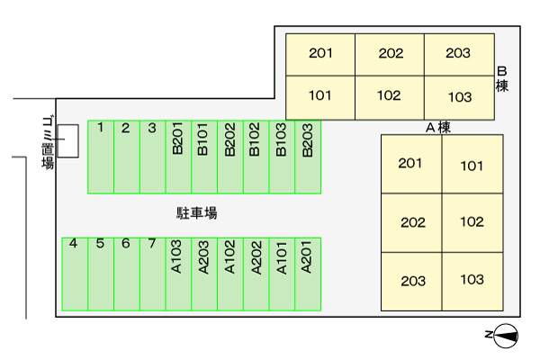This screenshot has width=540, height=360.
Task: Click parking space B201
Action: click(178, 157)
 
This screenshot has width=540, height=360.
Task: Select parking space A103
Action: click(178, 274)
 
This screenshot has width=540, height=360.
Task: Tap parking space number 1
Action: click(101, 157)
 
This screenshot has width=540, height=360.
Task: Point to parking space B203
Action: click(308, 157)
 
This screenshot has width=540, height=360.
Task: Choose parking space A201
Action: click(308, 274)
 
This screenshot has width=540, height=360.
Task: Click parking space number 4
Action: click(74, 274)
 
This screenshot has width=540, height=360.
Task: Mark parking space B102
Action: click(256, 157)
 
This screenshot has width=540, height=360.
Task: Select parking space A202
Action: click(256, 274)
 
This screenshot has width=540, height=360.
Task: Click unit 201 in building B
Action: click(320, 54)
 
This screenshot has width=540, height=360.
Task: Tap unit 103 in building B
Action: click(459, 96)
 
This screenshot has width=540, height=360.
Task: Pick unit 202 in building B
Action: click(390, 54)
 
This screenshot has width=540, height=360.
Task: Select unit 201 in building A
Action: click(411, 164)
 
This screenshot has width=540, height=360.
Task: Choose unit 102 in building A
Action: click(472, 222)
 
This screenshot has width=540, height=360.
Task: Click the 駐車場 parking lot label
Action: click(196, 214)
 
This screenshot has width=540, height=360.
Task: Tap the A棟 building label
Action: click(437, 128)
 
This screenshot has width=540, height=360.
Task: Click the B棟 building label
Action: click(502, 79)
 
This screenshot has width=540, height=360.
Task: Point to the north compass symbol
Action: click(504, 337)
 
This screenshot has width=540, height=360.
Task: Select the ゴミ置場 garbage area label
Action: click(47, 143)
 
